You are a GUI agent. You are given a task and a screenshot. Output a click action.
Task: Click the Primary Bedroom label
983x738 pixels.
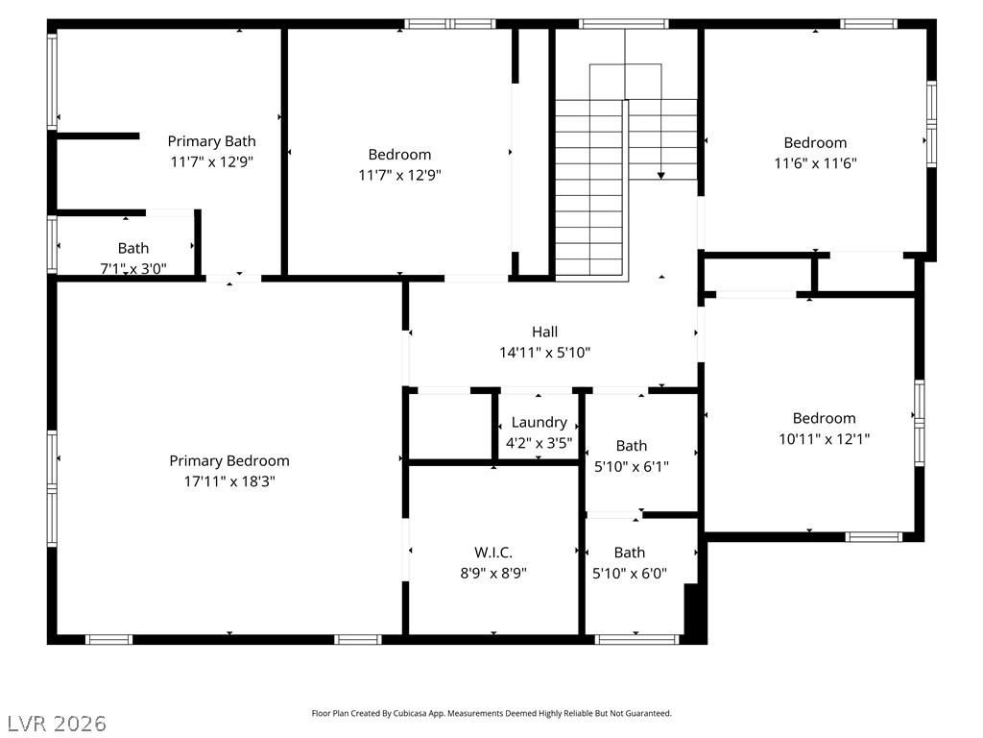click(229, 461)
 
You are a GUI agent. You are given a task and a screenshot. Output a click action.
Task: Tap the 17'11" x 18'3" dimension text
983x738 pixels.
click(229, 481)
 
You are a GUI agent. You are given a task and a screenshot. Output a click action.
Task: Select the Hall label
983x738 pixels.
click(545, 332)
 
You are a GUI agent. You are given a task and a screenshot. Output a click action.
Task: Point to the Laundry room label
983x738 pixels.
click(539, 423)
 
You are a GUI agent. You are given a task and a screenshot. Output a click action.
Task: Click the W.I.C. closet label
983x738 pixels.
click(493, 553)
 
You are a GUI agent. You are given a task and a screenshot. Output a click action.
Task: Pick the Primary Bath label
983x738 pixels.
click(212, 142)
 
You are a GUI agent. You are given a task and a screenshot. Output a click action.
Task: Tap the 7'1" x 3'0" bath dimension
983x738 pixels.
click(133, 269)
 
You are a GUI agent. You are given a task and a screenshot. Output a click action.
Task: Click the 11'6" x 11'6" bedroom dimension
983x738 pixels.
click(816, 163)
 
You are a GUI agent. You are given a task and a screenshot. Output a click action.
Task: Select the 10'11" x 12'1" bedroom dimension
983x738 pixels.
click(825, 438)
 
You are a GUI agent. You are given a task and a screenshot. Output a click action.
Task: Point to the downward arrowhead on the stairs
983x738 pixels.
click(660, 176)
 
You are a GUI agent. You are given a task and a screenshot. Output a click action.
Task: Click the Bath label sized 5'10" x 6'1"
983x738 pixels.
click(632, 446)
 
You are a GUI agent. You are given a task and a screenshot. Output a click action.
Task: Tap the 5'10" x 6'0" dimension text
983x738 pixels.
click(630, 573)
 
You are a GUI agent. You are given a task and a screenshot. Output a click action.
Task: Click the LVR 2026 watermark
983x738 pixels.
click(57, 723)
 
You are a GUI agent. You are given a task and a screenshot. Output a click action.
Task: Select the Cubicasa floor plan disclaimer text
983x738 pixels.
click(491, 713)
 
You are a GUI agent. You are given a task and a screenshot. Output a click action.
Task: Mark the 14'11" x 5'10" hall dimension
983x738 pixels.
click(545, 353)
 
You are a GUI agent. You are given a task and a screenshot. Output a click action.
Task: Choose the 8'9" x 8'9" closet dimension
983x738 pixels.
click(493, 573)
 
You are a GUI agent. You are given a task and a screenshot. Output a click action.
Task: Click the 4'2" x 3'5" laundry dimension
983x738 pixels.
click(539, 443)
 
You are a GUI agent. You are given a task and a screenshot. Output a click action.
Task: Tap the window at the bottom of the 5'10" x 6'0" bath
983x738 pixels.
click(636, 639)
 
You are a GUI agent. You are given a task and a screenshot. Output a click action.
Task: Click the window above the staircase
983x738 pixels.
click(624, 24)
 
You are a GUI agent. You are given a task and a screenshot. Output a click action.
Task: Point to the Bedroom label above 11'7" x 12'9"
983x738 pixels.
click(400, 155)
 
